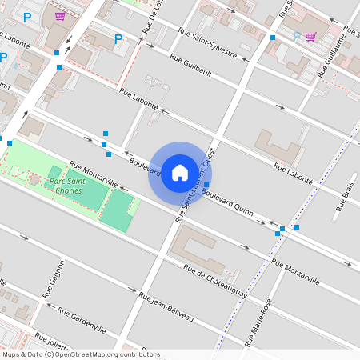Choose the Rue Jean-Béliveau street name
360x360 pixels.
(166, 306)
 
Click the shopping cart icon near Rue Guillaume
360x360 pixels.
(310, 36)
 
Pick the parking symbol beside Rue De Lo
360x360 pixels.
(118, 38)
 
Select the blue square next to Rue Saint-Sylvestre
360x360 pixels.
(273, 38)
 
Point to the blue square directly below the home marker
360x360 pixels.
(206, 186)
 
